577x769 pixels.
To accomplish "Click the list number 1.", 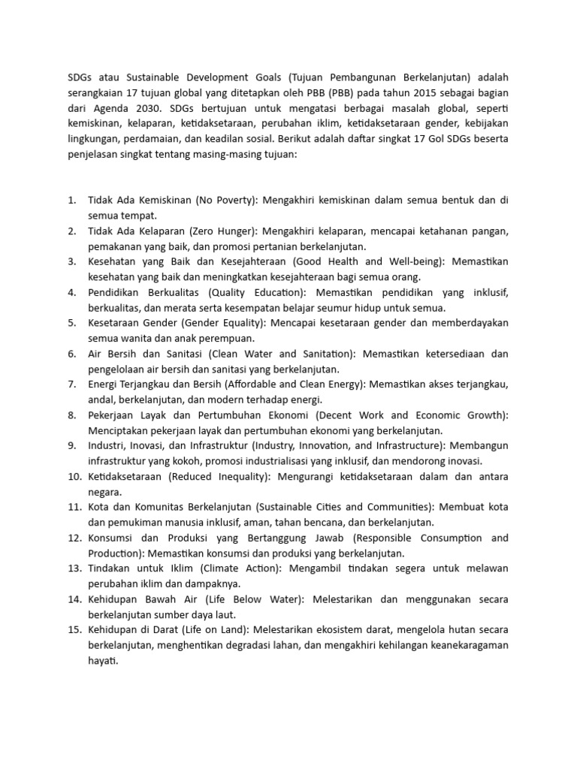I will (71, 201).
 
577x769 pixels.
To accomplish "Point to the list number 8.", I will (71, 415).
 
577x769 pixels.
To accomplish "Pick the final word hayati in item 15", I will (104, 662).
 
